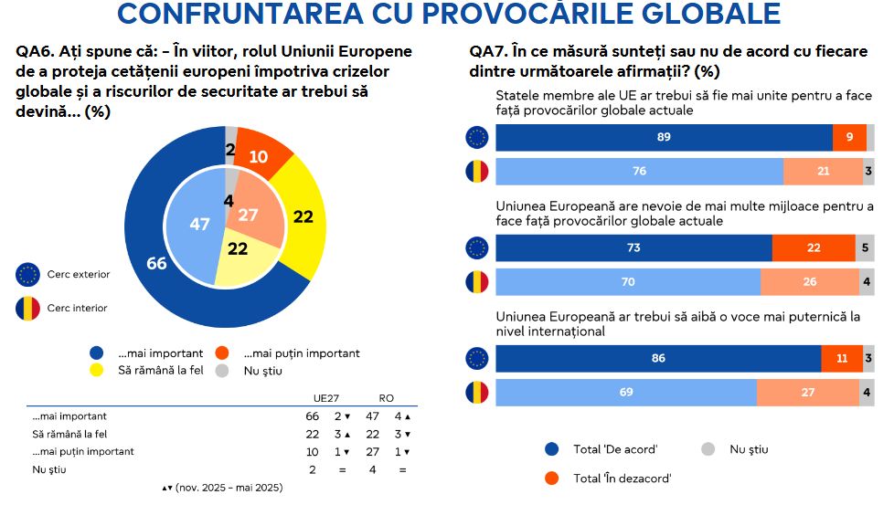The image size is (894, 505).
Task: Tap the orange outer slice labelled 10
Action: pyautogui.click(x=259, y=156)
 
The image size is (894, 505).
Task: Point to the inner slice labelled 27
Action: pyautogui.click(x=249, y=216)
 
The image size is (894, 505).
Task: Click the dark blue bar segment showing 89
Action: pyautogui.click(x=664, y=138)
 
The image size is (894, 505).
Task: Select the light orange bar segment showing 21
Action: pyautogui.click(x=823, y=172)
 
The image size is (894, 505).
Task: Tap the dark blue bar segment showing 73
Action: pyautogui.click(x=633, y=248)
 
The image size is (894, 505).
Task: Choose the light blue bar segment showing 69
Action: pyautogui.click(x=626, y=392)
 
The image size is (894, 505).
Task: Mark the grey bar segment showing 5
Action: pyautogui.click(x=865, y=248)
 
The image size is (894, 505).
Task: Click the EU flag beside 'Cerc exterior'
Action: pyautogui.click(x=28, y=274)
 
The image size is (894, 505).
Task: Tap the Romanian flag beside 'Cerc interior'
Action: pyautogui.click(x=28, y=308)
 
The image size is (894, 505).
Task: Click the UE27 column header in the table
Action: pyautogui.click(x=326, y=398)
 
